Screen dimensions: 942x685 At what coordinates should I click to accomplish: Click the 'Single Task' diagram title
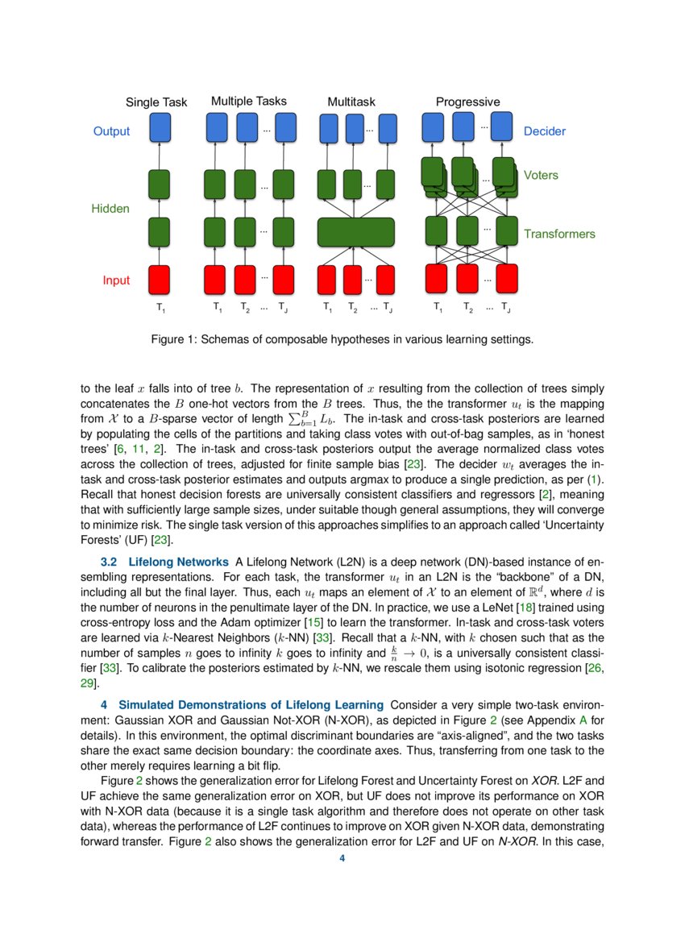click(x=156, y=102)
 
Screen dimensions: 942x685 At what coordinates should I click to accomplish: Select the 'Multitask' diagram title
click(x=351, y=102)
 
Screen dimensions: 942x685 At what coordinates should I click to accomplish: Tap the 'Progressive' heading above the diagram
click(x=467, y=102)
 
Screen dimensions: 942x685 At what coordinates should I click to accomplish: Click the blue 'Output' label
click(x=111, y=131)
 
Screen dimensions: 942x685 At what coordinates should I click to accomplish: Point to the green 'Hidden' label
click(x=110, y=209)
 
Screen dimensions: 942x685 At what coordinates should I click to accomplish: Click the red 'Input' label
click(x=116, y=280)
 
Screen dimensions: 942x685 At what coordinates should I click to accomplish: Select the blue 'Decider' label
click(x=545, y=131)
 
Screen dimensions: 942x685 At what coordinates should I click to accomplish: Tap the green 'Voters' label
click(x=541, y=175)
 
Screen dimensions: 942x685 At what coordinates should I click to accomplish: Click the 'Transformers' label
click(x=559, y=234)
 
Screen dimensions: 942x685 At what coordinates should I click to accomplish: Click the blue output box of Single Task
click(x=160, y=127)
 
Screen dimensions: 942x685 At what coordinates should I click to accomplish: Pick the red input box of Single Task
click(x=160, y=279)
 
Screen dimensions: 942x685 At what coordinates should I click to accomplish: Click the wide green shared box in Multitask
click(x=355, y=232)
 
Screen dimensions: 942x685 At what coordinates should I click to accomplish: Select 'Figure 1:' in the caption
click(x=173, y=339)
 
